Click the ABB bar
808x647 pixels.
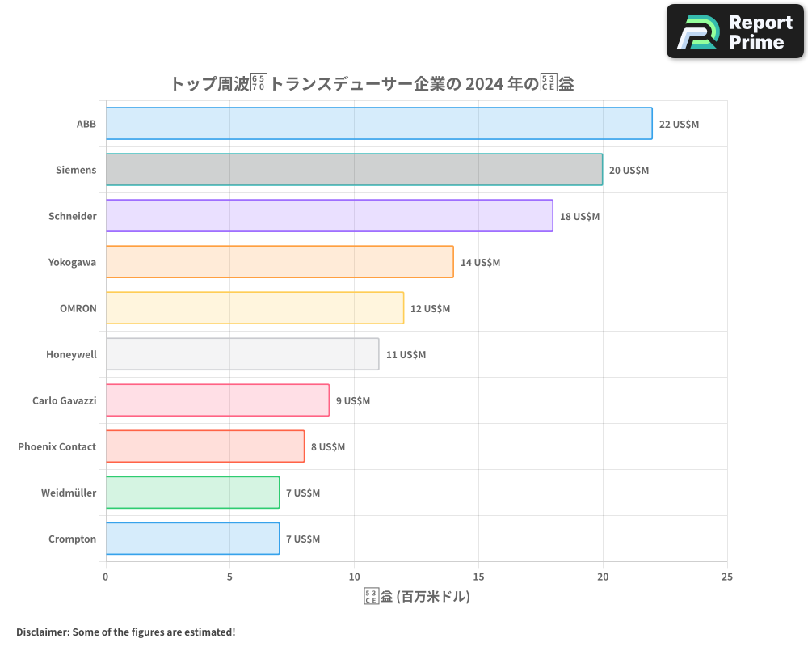[378, 124]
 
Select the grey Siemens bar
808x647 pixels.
[354, 170]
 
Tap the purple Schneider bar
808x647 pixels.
[329, 216]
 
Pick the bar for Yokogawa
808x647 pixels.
[280, 262]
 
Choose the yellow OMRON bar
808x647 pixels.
[255, 308]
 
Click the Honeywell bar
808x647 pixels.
[242, 354]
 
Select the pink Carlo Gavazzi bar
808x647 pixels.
[217, 400]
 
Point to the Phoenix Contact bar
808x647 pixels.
[205, 446]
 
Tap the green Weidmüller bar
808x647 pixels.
[192, 493]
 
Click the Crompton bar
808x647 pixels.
[192, 539]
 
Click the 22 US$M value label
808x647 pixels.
[679, 125]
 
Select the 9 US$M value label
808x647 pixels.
[353, 401]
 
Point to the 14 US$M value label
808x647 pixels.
[480, 263]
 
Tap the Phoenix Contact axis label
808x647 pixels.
[57, 446]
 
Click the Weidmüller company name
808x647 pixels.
[69, 493]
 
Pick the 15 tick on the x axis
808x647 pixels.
[478, 577]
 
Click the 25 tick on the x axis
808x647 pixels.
[727, 577]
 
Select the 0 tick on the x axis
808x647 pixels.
[106, 577]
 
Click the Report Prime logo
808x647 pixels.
[735, 32]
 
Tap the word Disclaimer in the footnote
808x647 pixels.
[42, 632]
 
